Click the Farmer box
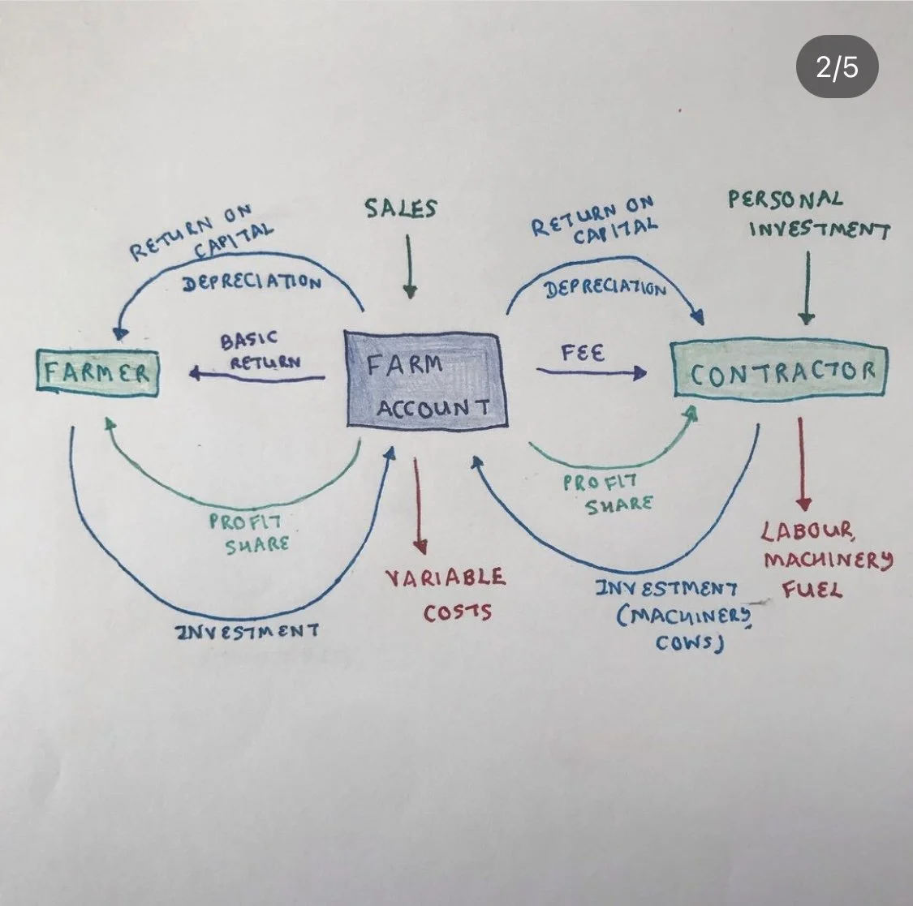tap(98, 373)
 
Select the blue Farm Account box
tap(426, 379)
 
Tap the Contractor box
tap(781, 371)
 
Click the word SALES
tap(400, 208)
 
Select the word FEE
tap(583, 354)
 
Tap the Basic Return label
tap(259, 350)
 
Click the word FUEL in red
tap(812, 590)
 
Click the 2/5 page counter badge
tap(837, 67)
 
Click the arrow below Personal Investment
tap(807, 288)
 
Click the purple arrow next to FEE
tap(591, 372)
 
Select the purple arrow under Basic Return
tap(257, 375)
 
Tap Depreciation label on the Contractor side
tap(605, 288)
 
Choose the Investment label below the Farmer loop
tap(247, 630)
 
